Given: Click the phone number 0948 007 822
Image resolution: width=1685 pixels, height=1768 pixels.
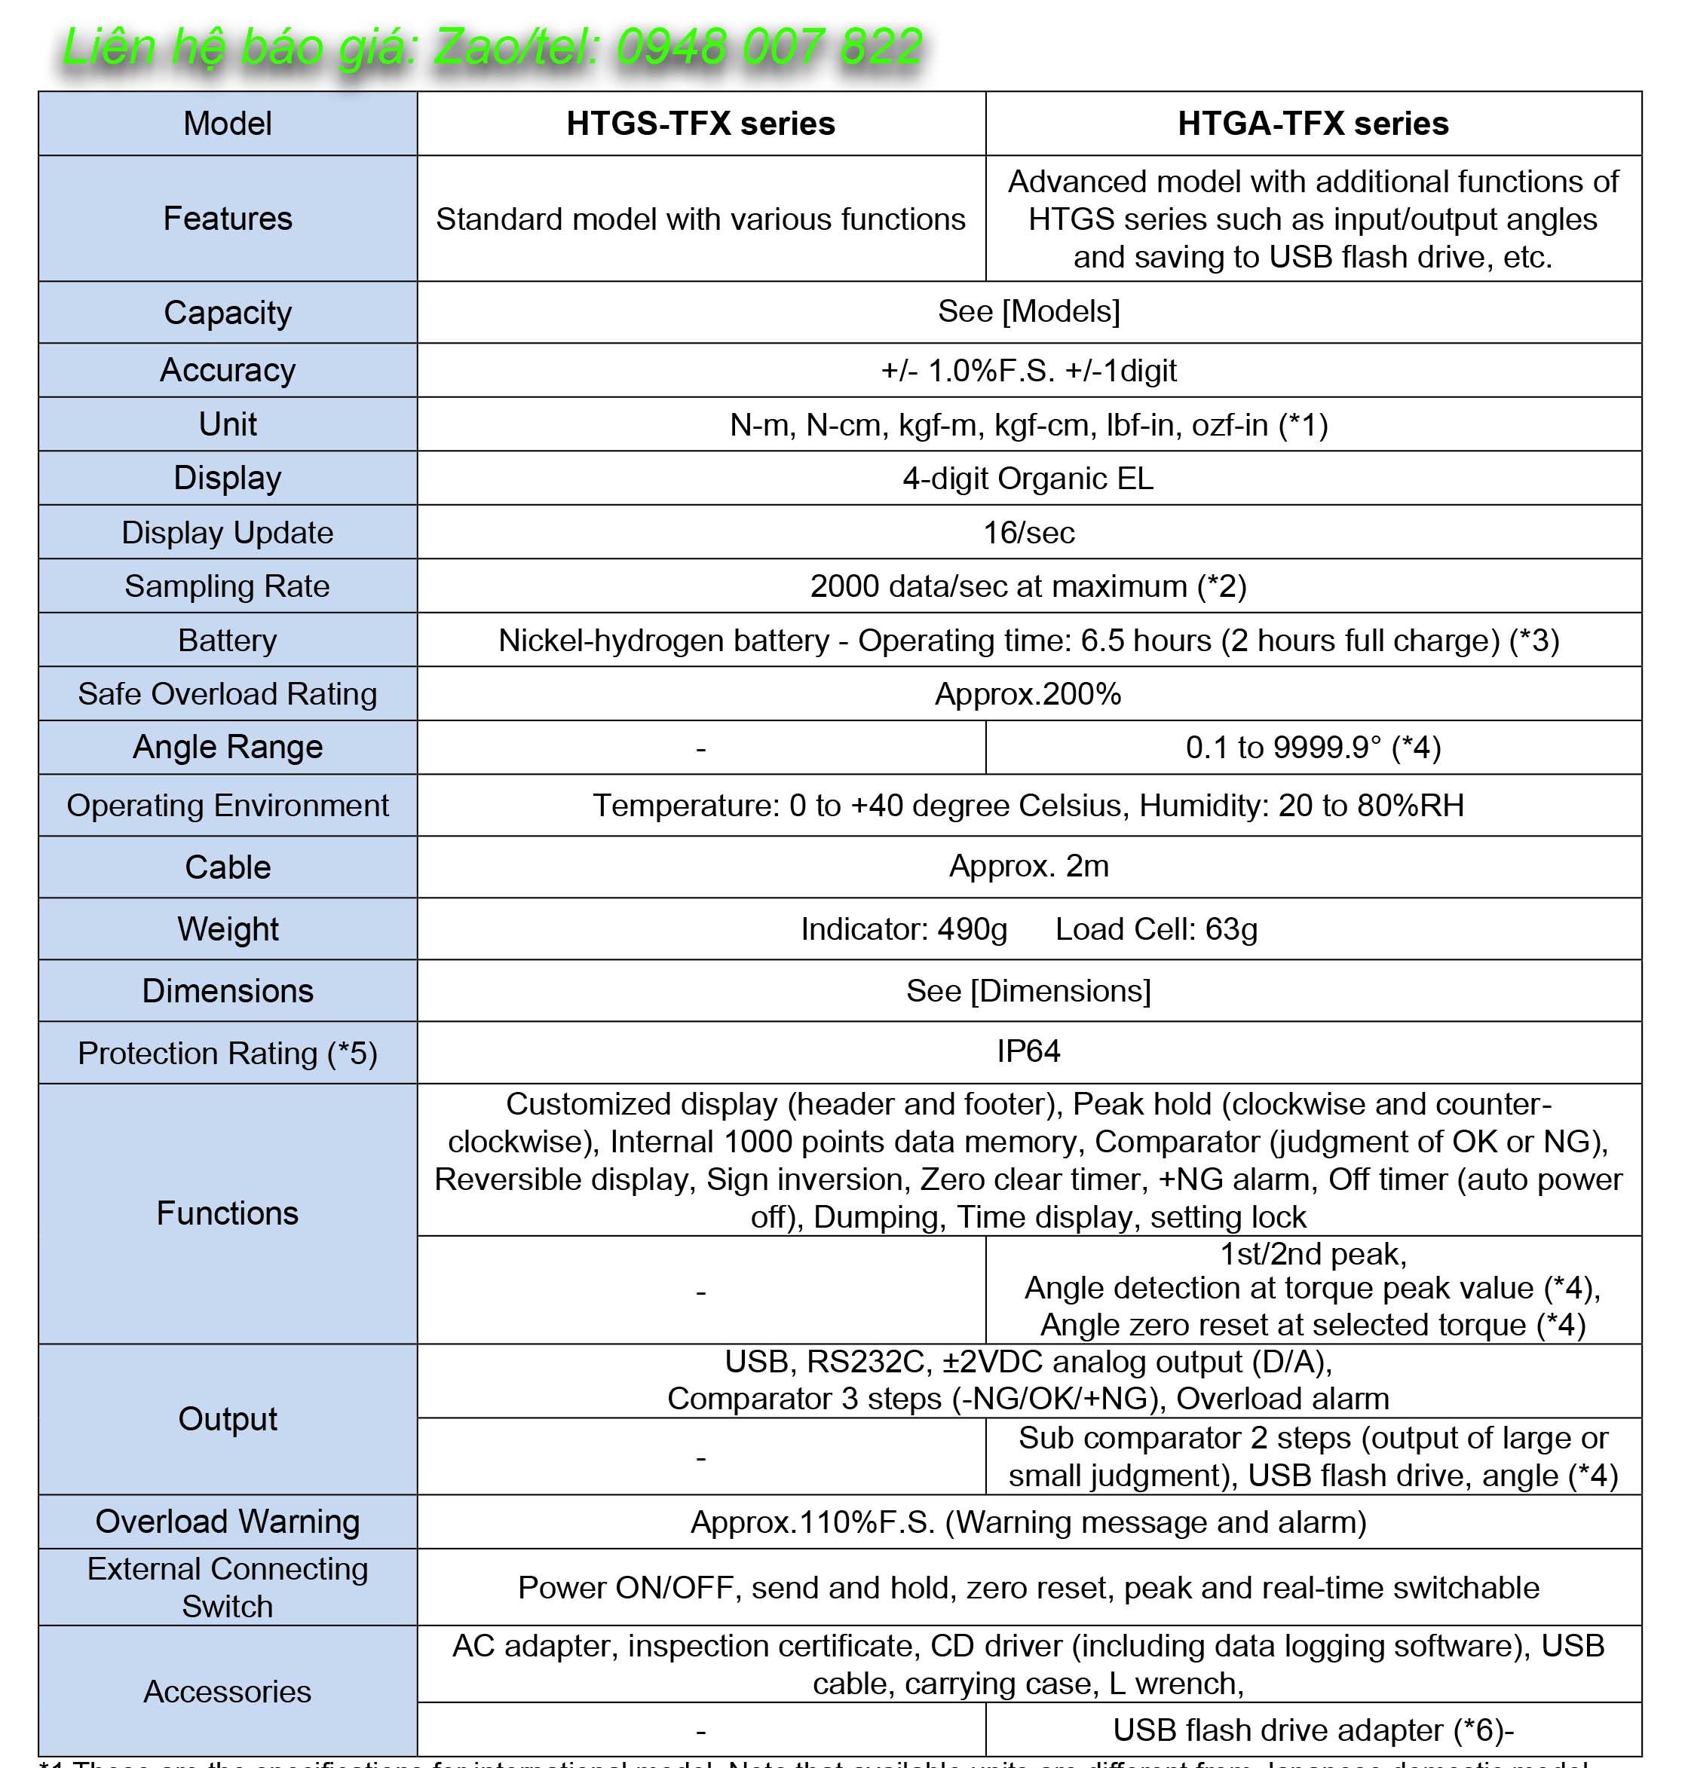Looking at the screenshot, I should pyautogui.click(x=769, y=47).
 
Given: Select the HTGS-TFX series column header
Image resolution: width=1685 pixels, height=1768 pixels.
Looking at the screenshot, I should pyautogui.click(x=700, y=123).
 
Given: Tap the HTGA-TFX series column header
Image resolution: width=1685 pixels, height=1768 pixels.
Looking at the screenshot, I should pyautogui.click(x=1313, y=123).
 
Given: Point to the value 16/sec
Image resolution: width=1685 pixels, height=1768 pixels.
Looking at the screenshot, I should pyautogui.click(x=1028, y=533).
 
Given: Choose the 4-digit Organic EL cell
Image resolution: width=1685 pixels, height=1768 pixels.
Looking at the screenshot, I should pyautogui.click(x=1028, y=479).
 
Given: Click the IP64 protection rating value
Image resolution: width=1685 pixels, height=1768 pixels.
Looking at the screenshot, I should pyautogui.click(x=1028, y=1051).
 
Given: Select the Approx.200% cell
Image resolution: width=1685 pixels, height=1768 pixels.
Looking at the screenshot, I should pyautogui.click(x=1028, y=694).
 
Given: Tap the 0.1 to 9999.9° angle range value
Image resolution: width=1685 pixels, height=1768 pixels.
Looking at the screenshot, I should pyautogui.click(x=1313, y=747).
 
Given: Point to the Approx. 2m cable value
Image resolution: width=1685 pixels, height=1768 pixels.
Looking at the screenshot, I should pyautogui.click(x=1028, y=867).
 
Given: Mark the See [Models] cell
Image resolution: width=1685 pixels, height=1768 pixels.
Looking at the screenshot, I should pyautogui.click(x=1028, y=311).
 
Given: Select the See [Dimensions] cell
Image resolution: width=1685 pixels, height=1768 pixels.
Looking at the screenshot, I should pyautogui.click(x=1028, y=990).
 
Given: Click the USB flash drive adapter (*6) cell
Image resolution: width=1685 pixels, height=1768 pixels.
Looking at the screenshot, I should pyautogui.click(x=1313, y=1730).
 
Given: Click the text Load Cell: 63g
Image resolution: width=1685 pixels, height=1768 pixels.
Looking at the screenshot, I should pyautogui.click(x=1156, y=928).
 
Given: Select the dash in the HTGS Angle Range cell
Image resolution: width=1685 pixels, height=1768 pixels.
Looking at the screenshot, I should pyautogui.click(x=700, y=748).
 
